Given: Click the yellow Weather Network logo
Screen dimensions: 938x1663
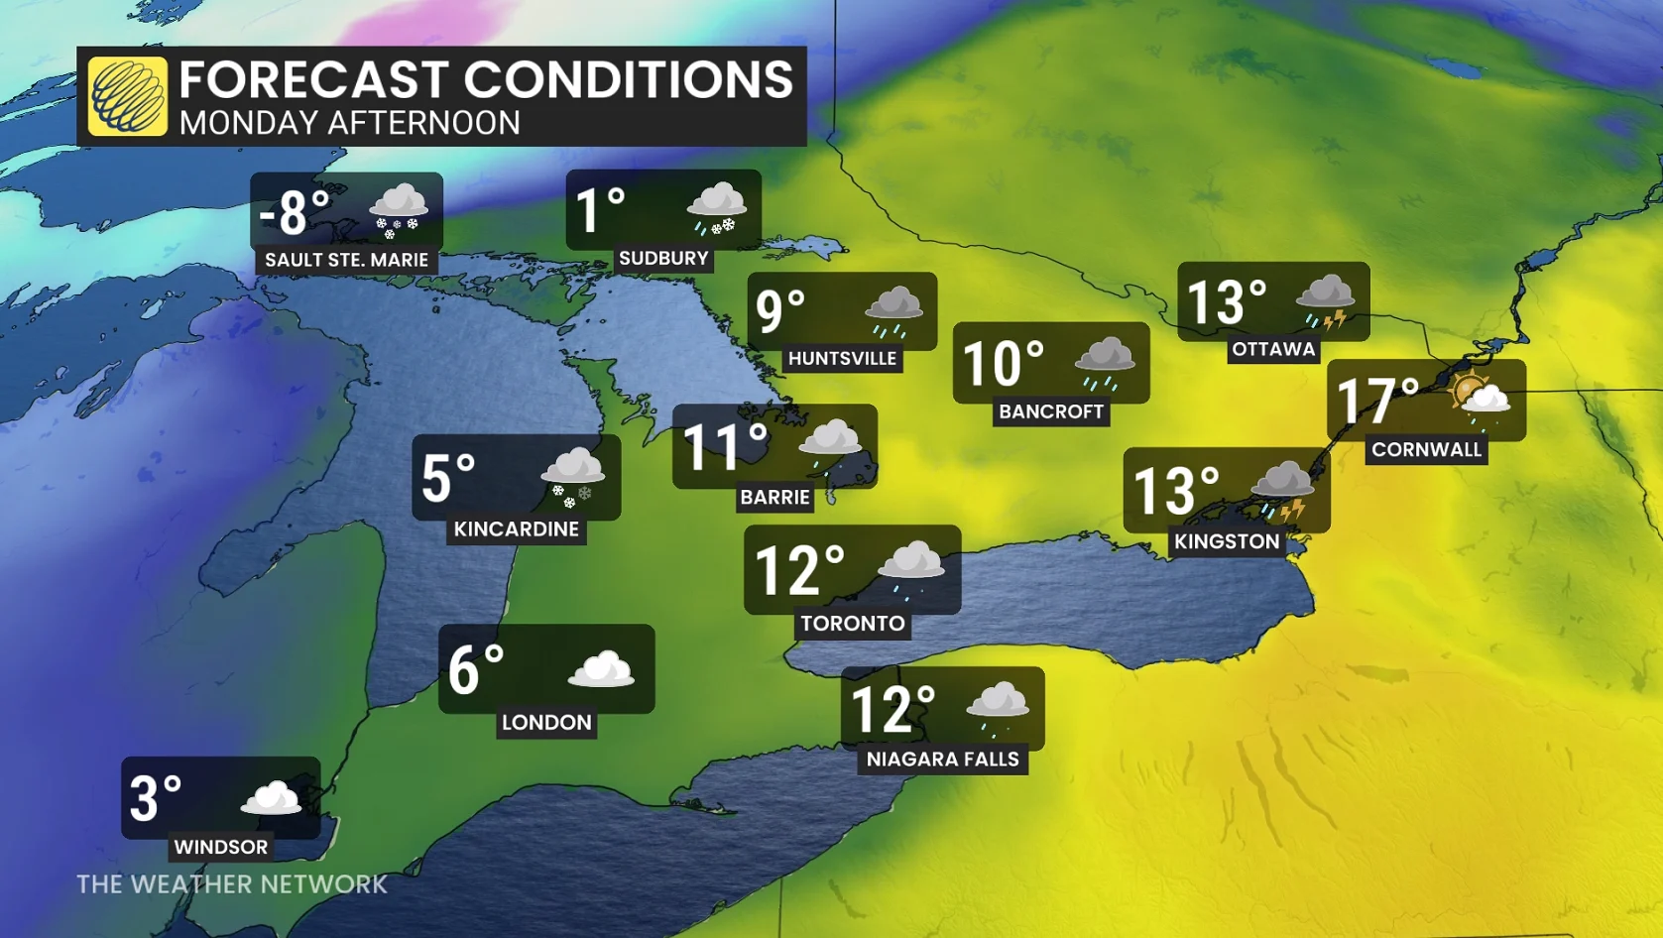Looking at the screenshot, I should [x=127, y=96].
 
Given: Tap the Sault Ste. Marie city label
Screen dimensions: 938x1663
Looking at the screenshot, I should [x=346, y=260].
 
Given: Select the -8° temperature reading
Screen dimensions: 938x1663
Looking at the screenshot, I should [x=295, y=212].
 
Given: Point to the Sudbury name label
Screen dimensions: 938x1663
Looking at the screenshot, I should [x=663, y=259].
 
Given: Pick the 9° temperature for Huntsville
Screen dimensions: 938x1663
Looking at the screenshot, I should [x=780, y=309].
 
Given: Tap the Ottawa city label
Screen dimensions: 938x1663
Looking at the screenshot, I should [x=1273, y=349].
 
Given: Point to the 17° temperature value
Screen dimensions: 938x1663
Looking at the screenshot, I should [x=1377, y=401].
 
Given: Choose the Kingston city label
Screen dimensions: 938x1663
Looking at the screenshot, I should [x=1227, y=541].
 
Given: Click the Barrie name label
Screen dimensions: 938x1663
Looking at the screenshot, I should [x=774, y=497].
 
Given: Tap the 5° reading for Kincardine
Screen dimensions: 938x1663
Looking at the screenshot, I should [x=449, y=478].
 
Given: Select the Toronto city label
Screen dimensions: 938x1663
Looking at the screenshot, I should [x=853, y=624].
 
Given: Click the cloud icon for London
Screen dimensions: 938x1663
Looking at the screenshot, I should [x=601, y=670].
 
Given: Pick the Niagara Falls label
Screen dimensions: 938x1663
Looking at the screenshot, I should [x=942, y=760].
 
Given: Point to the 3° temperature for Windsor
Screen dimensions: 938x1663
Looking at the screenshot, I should [x=156, y=799].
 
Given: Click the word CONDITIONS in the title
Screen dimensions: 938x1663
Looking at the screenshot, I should [x=629, y=79].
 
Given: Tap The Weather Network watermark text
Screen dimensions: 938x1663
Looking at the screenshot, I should [x=232, y=884].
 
